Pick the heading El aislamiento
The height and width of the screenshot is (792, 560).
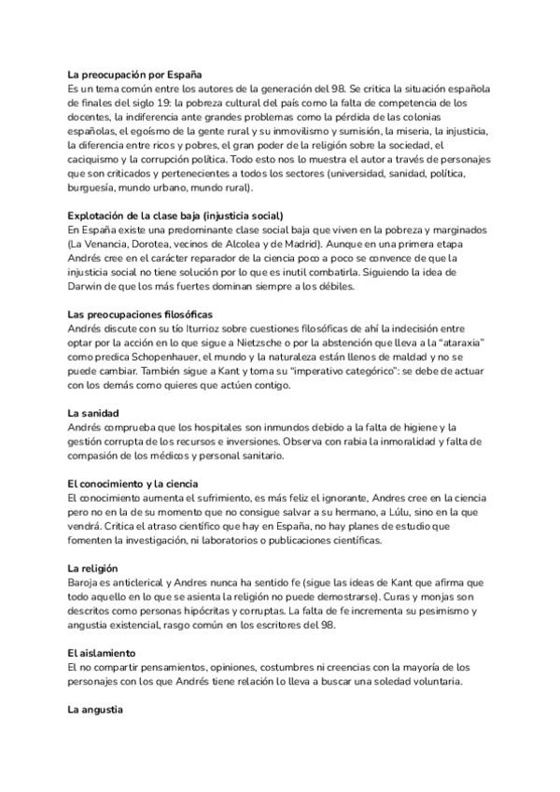[103, 650]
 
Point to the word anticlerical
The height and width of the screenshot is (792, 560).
[140, 582]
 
